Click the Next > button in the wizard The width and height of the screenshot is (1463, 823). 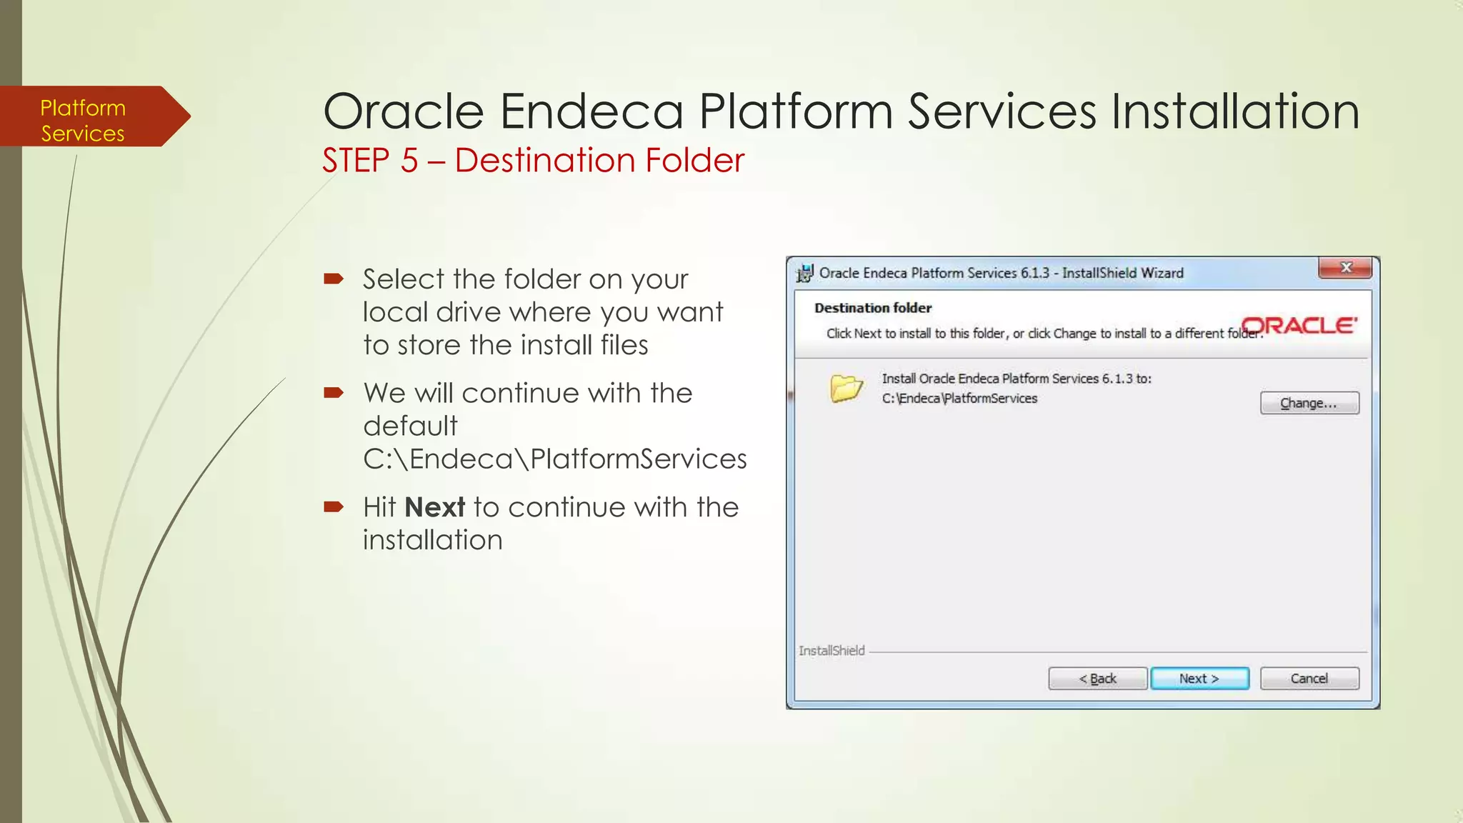(x=1199, y=679)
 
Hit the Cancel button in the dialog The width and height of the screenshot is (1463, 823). (x=1309, y=679)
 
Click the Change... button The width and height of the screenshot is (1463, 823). (x=1309, y=403)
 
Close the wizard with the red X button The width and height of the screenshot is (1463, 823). (x=1346, y=268)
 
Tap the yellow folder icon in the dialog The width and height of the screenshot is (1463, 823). (x=847, y=389)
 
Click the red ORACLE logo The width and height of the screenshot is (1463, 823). (x=1299, y=326)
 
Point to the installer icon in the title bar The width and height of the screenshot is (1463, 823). (x=805, y=273)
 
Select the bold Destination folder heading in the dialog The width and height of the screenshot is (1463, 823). (x=873, y=308)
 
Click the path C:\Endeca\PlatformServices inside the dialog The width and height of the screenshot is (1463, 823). (x=959, y=399)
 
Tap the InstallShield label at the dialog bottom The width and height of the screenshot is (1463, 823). (x=832, y=651)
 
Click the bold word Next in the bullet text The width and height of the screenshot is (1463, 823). (x=434, y=507)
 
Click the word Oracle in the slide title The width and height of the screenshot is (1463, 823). (x=404, y=112)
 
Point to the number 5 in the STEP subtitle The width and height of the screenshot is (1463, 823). (x=409, y=160)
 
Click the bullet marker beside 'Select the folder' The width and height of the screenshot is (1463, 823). (x=334, y=279)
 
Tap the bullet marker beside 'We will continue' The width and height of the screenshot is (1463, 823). (x=334, y=392)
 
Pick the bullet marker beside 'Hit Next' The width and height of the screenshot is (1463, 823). (x=334, y=507)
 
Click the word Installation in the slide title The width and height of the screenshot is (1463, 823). (x=1234, y=112)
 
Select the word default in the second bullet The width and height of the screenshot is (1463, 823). (x=410, y=426)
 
